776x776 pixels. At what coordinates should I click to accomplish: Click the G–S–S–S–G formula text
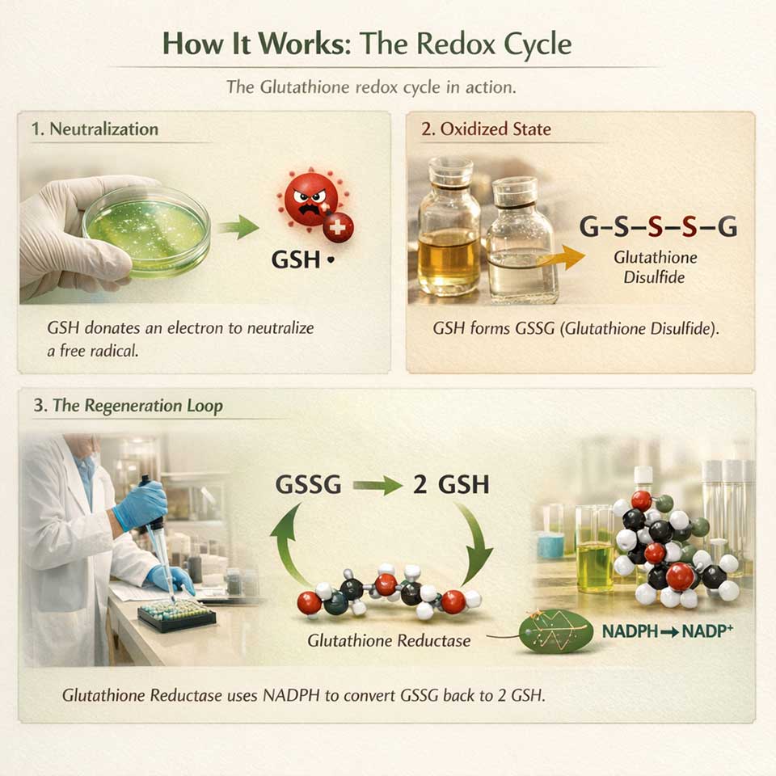click(x=658, y=228)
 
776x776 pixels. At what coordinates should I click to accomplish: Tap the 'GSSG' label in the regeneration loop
click(x=308, y=485)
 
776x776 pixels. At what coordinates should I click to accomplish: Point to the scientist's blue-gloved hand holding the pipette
click(x=141, y=506)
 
